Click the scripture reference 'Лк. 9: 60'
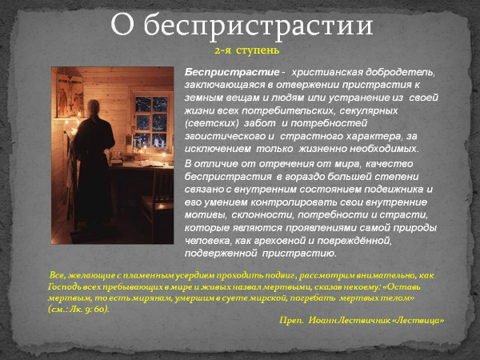pyautogui.click(x=89, y=308)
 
